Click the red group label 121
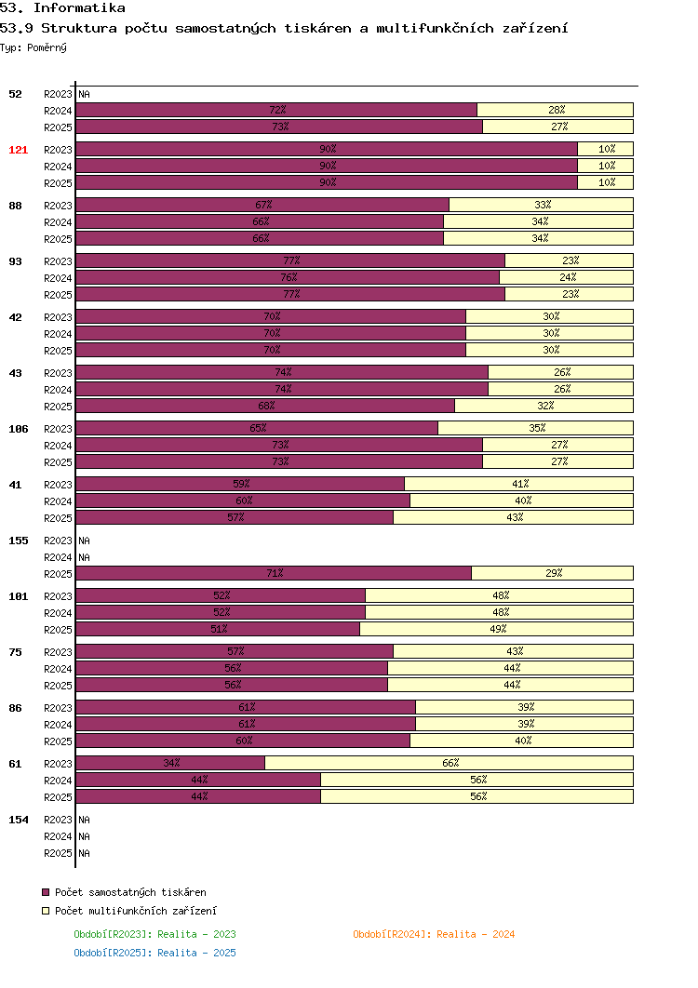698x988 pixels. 19,150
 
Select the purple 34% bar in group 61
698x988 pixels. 170,763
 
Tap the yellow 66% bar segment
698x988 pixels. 449,763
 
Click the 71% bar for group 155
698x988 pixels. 274,573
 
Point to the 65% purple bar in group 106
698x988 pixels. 257,429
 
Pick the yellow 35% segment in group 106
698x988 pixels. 535,429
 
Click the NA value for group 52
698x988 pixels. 85,95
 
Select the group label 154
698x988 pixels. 19,820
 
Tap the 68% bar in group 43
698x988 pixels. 265,406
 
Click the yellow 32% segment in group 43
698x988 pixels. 544,406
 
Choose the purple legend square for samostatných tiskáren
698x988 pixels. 46,892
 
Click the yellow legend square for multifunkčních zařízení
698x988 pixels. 46,911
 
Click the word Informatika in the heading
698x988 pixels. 79,8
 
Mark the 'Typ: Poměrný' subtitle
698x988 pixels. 34,47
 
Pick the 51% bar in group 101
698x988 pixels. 218,629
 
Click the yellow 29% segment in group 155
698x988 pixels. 552,573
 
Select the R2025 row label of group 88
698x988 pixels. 58,239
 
